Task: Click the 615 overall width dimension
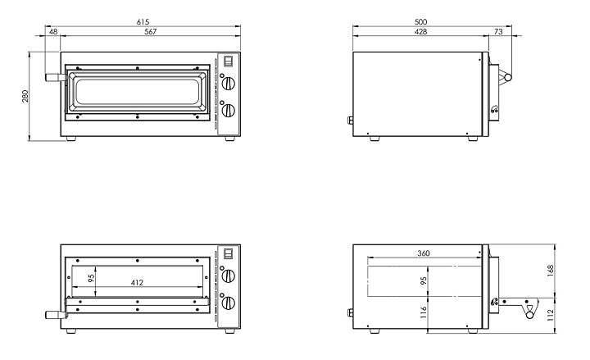143,22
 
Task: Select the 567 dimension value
151,32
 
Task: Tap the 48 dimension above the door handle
53,32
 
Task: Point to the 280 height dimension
25,97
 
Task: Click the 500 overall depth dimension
420,22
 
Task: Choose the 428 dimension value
420,32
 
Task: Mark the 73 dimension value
498,32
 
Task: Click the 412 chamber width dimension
138,282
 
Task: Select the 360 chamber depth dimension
424,253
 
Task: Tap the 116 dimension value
424,312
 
